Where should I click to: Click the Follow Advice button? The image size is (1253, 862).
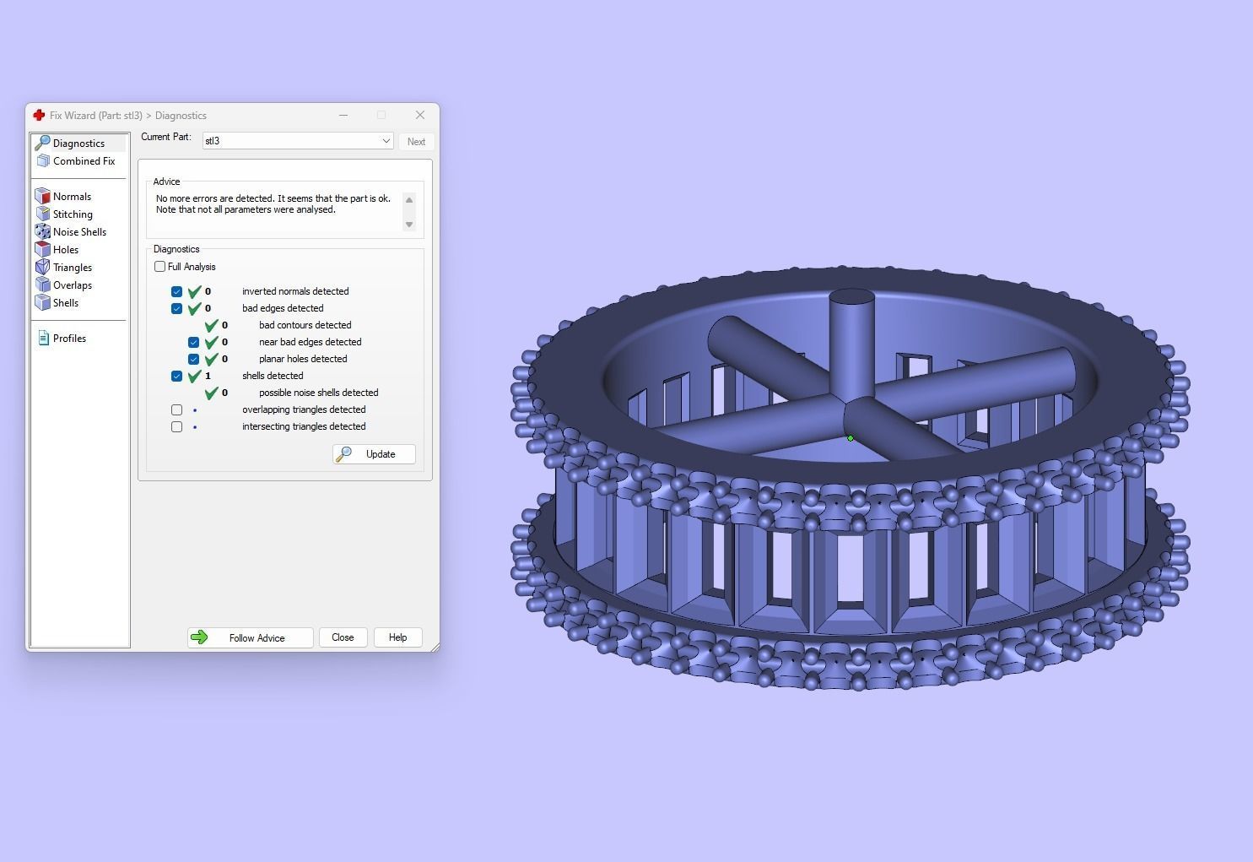[x=250, y=637]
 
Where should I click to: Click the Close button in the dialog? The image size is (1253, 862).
[x=343, y=637]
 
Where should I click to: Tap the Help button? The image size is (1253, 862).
[x=397, y=637]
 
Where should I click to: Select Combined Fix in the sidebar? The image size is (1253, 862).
[x=84, y=161]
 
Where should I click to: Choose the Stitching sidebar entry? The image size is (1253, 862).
[x=73, y=214]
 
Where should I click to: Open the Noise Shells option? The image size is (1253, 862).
[x=79, y=232]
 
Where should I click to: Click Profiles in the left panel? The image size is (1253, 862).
[x=69, y=339]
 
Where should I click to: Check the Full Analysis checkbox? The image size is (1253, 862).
[x=160, y=267]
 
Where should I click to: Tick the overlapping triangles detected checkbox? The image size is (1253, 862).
[x=176, y=409]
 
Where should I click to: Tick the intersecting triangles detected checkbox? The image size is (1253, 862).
[x=176, y=426]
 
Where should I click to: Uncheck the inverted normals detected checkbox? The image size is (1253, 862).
[x=176, y=291]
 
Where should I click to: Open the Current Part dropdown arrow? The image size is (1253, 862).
[x=386, y=141]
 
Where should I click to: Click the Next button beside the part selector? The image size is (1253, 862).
[x=416, y=142]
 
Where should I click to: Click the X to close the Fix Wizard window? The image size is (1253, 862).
[x=419, y=115]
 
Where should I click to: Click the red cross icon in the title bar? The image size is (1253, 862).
[x=39, y=115]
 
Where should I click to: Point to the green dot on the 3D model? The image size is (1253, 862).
[x=851, y=438]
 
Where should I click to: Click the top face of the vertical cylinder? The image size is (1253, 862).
[x=851, y=298]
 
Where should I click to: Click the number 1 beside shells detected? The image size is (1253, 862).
[x=208, y=376]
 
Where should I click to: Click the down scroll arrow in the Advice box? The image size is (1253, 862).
[x=409, y=225]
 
